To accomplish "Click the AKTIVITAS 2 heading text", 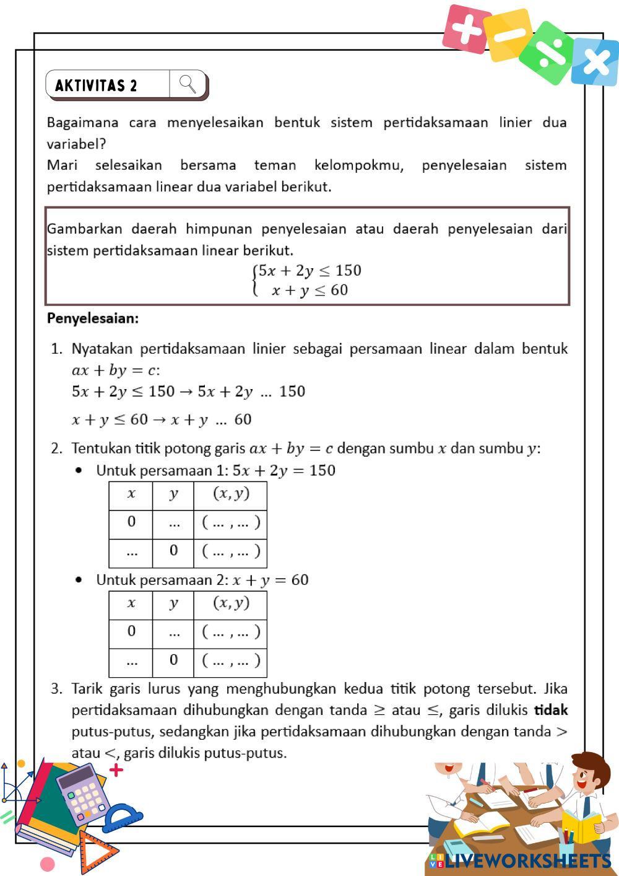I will click(96, 85).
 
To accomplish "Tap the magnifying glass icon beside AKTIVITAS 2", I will click(188, 84).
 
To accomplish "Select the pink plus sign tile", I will click(466, 28).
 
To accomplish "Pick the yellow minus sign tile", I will click(508, 35).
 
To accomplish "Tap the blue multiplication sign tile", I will click(595, 61).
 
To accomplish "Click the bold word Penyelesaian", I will click(93, 318).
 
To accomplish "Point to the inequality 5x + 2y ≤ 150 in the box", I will click(309, 271).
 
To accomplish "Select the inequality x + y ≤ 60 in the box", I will click(309, 291).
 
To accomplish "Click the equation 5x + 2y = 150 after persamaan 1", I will click(284, 470).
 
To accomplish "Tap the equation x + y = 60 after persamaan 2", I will click(271, 580).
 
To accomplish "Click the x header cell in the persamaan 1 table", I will click(131, 494).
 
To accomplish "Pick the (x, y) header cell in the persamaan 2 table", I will click(231, 603).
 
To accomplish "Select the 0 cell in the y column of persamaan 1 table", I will click(173, 550).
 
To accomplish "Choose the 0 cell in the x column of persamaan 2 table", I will click(131, 631).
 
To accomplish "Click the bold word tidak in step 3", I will click(551, 710).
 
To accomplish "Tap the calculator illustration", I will click(82, 793).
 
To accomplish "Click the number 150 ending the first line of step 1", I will click(292, 392).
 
